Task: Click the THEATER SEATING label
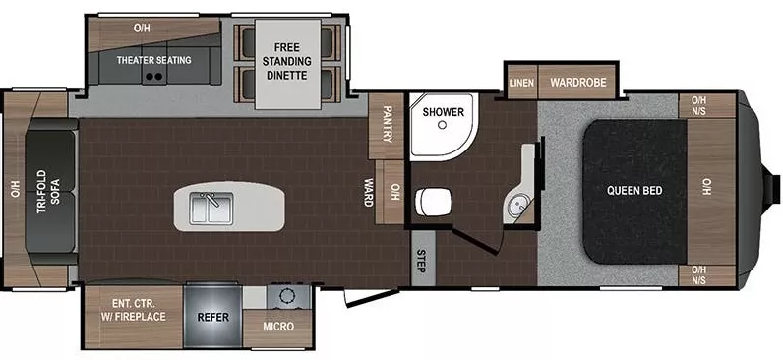154,60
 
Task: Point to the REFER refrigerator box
212,318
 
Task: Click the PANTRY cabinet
387,125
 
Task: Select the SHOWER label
443,112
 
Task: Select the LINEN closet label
521,83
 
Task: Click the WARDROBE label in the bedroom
577,83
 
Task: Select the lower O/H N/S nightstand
699,274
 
